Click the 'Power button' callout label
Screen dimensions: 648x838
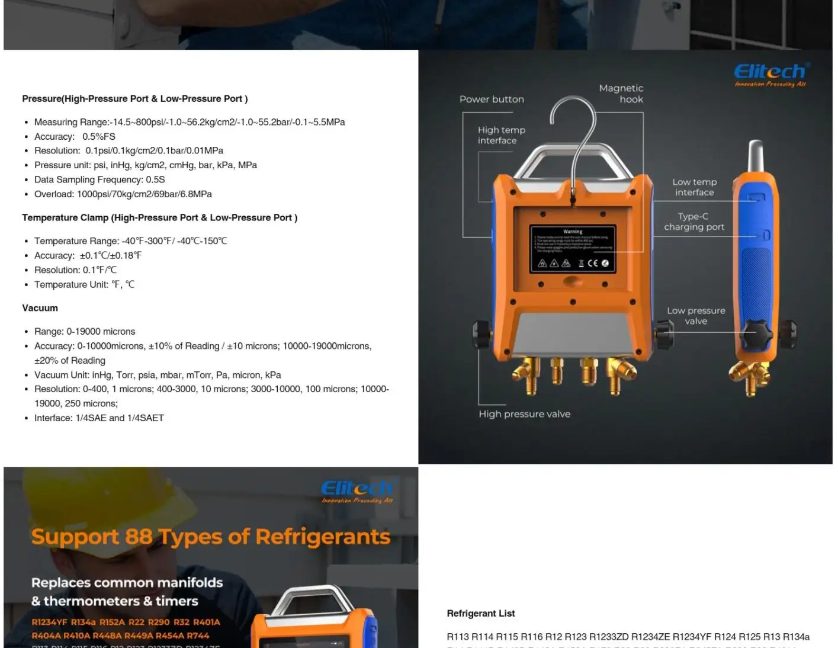(x=492, y=100)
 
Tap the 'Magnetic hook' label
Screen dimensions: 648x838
(x=621, y=94)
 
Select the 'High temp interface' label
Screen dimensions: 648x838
(x=501, y=135)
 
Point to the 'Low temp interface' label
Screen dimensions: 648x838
(x=694, y=187)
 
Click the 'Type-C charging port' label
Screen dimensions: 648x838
(x=693, y=222)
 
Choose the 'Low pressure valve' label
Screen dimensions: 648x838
(x=696, y=316)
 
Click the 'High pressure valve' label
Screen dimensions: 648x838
(x=524, y=414)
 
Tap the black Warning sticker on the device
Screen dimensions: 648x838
(x=573, y=249)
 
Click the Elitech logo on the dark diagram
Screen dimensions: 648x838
(x=770, y=74)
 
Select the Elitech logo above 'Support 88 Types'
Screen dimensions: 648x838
(x=357, y=490)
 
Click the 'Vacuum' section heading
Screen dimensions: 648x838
(x=40, y=308)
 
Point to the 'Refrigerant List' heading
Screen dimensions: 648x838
(x=480, y=614)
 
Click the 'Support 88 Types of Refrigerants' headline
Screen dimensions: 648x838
(x=211, y=537)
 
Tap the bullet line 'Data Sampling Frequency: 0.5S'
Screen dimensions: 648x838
(x=99, y=179)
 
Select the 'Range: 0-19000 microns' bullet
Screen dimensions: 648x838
(x=85, y=332)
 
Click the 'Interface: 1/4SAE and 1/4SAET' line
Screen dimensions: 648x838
(x=99, y=418)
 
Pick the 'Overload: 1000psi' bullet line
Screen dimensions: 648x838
(x=123, y=194)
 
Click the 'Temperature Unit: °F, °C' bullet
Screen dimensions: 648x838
(x=84, y=285)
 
